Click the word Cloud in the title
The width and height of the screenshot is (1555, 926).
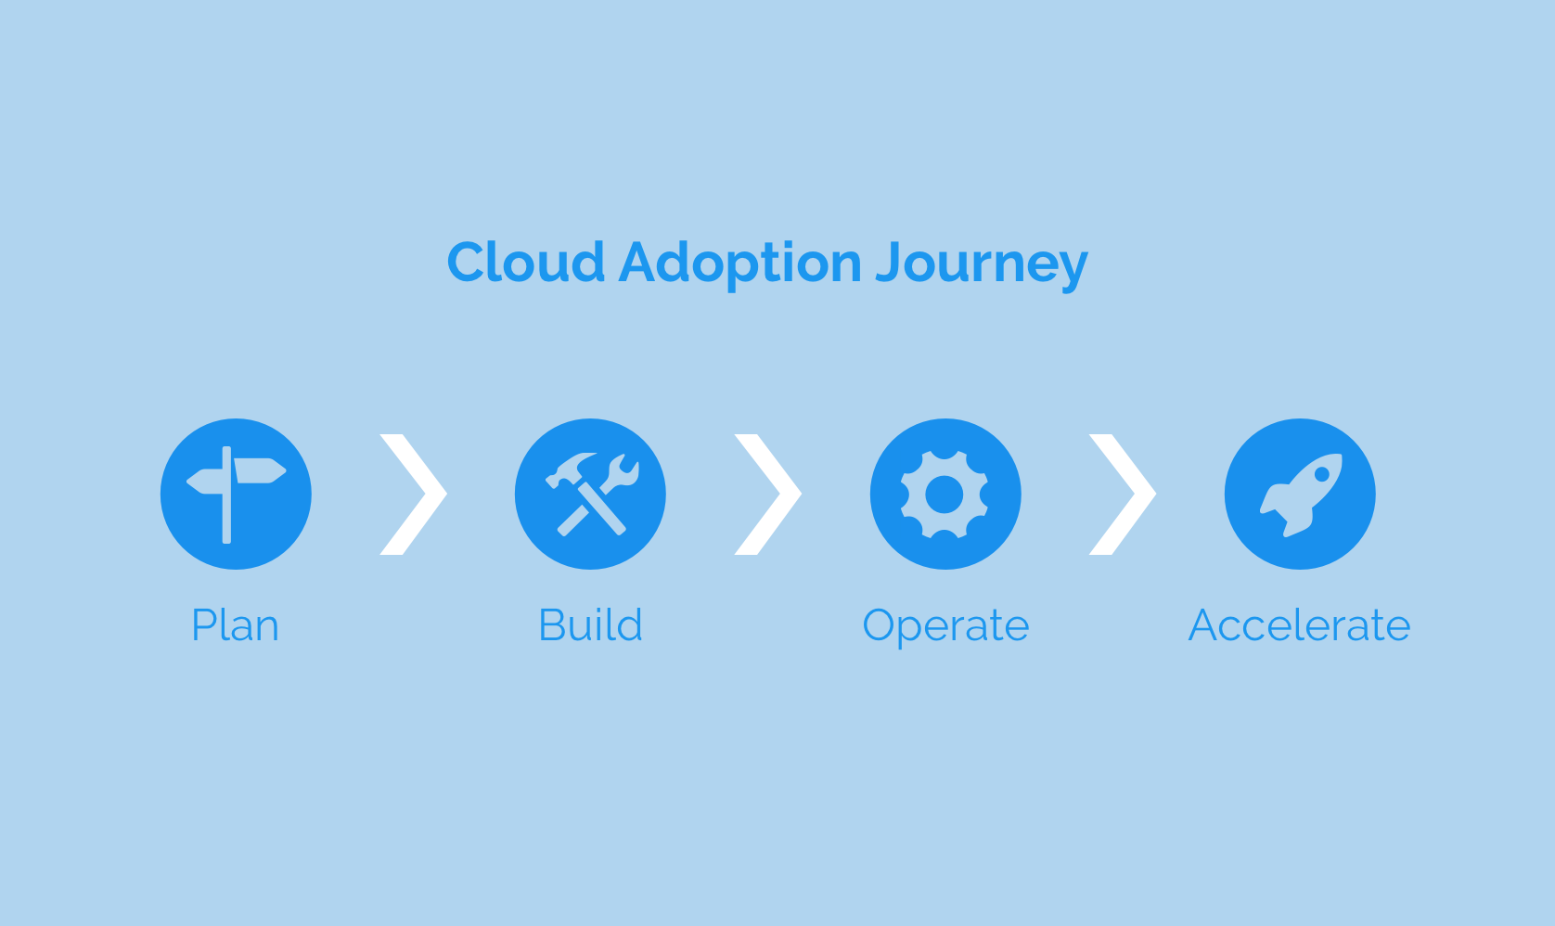point(526,262)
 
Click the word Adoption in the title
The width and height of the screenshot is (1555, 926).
point(740,264)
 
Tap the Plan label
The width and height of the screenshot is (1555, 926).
point(236,625)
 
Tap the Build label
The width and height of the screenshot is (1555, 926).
point(591,624)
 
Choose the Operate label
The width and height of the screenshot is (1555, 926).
point(945,627)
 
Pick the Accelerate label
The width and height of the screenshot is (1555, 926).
point(1300,624)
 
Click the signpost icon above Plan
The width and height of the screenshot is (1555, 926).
point(236,495)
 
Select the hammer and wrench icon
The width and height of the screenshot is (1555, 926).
point(591,495)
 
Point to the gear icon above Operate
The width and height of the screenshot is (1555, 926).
point(945,495)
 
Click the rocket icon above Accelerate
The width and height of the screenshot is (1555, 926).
point(1300,495)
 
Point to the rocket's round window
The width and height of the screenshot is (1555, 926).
point(1322,474)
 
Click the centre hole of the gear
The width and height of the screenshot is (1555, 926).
point(945,495)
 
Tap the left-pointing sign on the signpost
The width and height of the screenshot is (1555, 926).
point(205,482)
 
